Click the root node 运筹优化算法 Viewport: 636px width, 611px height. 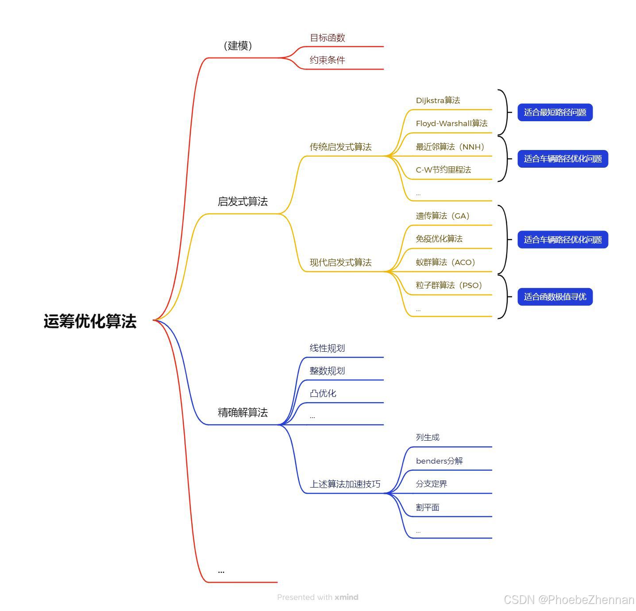click(x=90, y=321)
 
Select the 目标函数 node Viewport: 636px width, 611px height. click(x=327, y=38)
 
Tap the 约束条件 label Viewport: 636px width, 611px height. click(x=327, y=60)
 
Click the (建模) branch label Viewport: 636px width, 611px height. click(x=238, y=46)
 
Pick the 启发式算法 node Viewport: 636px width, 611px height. click(x=243, y=202)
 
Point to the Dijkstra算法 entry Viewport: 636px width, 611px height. click(x=438, y=100)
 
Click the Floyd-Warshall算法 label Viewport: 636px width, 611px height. click(x=451, y=123)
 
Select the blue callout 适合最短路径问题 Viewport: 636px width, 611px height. click(x=555, y=112)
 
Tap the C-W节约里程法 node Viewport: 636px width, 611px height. click(x=443, y=170)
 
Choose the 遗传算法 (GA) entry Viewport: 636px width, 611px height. click(x=442, y=216)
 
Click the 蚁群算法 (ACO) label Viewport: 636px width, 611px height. click(x=445, y=262)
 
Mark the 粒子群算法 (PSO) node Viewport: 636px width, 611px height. click(x=448, y=285)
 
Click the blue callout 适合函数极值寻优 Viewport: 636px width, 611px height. click(x=555, y=297)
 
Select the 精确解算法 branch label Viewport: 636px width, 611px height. click(x=243, y=413)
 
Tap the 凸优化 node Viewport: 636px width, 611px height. click(x=323, y=393)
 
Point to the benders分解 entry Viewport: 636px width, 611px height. click(x=439, y=461)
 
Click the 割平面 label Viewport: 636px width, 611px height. click(x=428, y=507)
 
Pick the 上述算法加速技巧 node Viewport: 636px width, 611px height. click(x=345, y=484)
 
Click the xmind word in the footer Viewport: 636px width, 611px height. click(x=346, y=597)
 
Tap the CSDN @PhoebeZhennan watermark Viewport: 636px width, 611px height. click(x=569, y=600)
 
